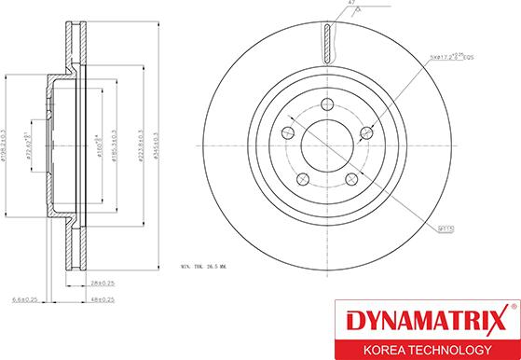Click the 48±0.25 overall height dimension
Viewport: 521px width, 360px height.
click(x=103, y=299)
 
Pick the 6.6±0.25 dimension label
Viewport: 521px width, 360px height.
click(x=25, y=299)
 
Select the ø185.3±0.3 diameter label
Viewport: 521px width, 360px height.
click(x=114, y=146)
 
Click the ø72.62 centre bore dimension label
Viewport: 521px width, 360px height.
click(x=30, y=146)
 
